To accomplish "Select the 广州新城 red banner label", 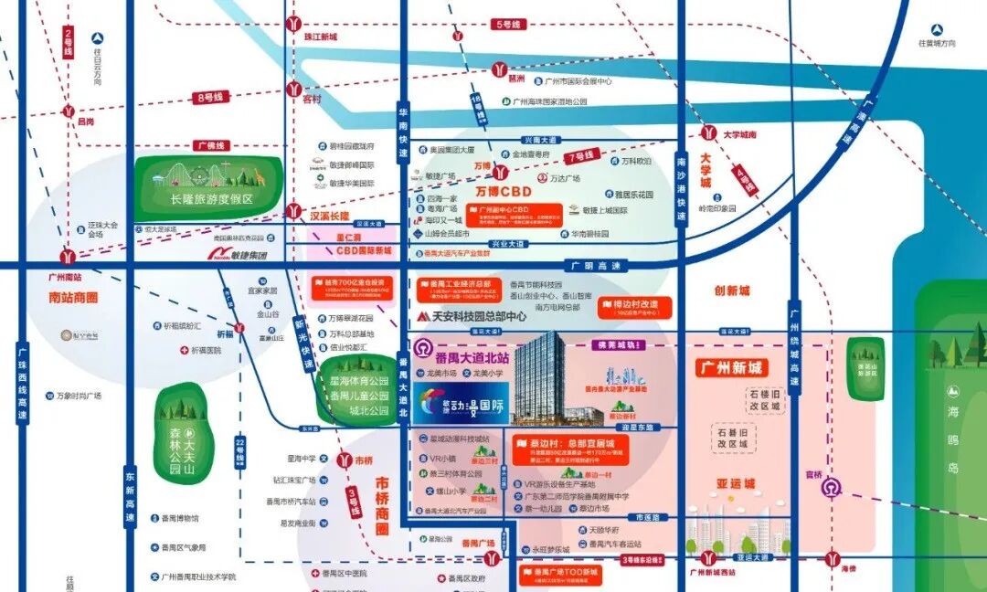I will tap(731, 368).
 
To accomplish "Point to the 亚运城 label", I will tap(736, 483).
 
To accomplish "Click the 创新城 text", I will tap(731, 291).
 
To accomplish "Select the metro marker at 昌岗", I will tap(69, 111).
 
